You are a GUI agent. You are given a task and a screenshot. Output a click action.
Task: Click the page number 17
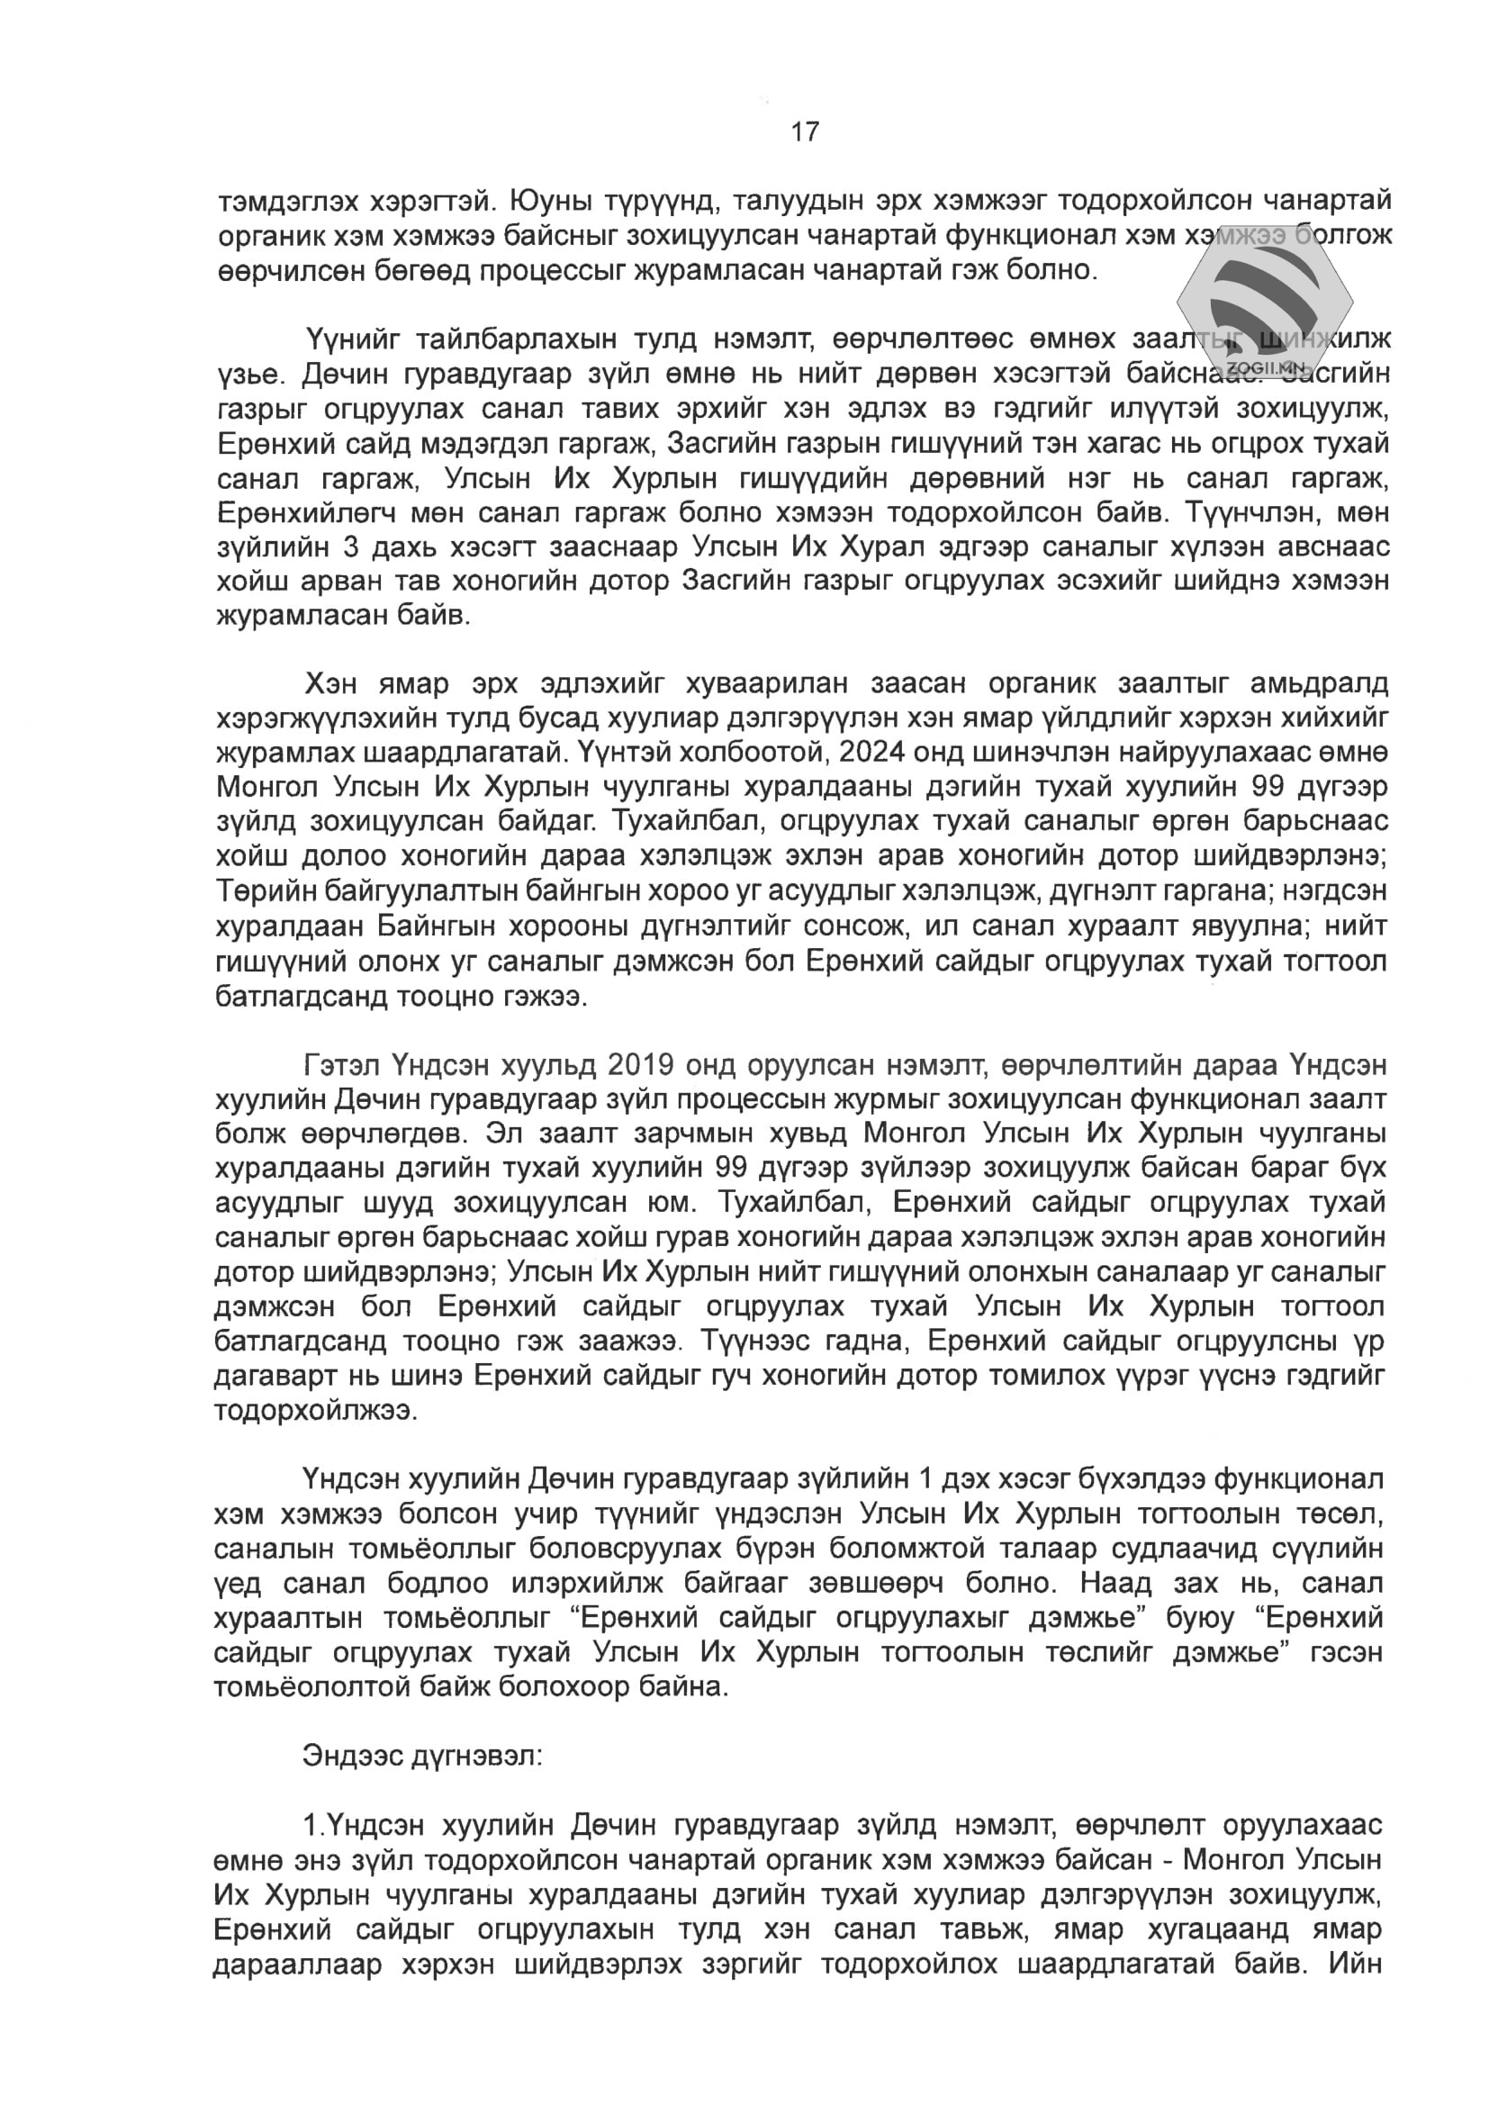[805, 132]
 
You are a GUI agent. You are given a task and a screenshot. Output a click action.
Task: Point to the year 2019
[641, 1065]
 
